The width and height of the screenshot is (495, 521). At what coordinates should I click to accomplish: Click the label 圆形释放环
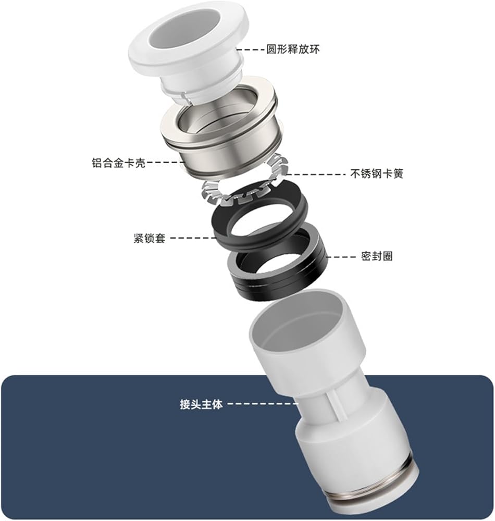click(x=293, y=50)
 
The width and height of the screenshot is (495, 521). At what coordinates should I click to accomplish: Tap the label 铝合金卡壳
click(x=118, y=163)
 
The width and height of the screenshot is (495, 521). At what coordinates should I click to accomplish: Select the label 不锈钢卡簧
click(x=377, y=173)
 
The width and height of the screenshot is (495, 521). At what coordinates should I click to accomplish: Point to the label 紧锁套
click(x=150, y=238)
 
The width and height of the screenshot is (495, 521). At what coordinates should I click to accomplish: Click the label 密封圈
click(x=377, y=256)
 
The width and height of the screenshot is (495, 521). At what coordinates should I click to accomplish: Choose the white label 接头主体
click(x=201, y=404)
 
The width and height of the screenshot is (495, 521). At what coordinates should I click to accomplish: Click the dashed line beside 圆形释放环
click(x=250, y=50)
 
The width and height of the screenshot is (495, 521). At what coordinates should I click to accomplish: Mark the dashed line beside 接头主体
click(x=263, y=404)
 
